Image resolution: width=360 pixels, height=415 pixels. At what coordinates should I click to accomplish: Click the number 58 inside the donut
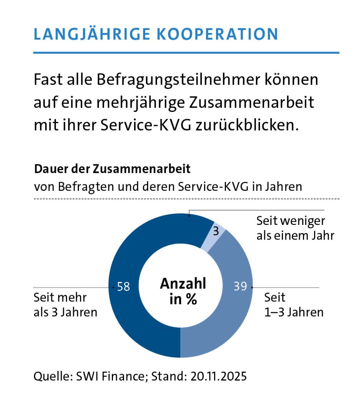click(124, 287)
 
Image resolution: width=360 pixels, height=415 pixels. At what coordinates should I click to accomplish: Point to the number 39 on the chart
click(240, 287)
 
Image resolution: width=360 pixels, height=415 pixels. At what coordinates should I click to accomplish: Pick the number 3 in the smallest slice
click(216, 231)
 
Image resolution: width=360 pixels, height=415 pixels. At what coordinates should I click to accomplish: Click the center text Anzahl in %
click(183, 291)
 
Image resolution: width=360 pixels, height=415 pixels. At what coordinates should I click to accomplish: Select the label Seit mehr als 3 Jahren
click(65, 305)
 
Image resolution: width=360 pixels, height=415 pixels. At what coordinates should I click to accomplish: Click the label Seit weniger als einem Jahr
click(295, 228)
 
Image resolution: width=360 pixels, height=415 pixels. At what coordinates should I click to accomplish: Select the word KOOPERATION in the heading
click(218, 34)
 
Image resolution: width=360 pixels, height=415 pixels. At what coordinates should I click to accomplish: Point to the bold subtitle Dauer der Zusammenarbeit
click(112, 169)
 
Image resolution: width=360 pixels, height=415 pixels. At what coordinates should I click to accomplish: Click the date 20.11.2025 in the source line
click(218, 376)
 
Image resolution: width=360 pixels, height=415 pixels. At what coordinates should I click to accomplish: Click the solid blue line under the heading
click(186, 52)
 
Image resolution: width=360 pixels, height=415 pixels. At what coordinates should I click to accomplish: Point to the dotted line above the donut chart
click(186, 199)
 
